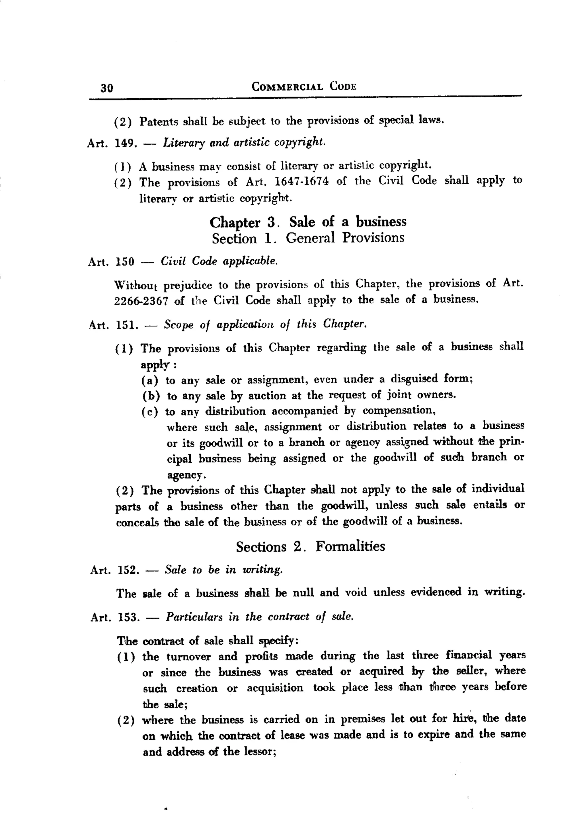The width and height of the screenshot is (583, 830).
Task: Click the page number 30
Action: click(x=107, y=88)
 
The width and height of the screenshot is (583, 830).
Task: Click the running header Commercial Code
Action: click(x=304, y=87)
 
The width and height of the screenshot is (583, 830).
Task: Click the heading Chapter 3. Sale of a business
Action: click(x=308, y=222)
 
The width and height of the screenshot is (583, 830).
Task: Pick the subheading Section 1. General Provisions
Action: click(x=308, y=238)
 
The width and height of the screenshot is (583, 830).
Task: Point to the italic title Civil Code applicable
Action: click(x=219, y=261)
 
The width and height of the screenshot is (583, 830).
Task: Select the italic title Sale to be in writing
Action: click(x=223, y=570)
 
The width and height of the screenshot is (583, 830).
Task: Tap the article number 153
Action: click(x=128, y=617)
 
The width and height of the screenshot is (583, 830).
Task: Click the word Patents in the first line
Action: click(x=158, y=122)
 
